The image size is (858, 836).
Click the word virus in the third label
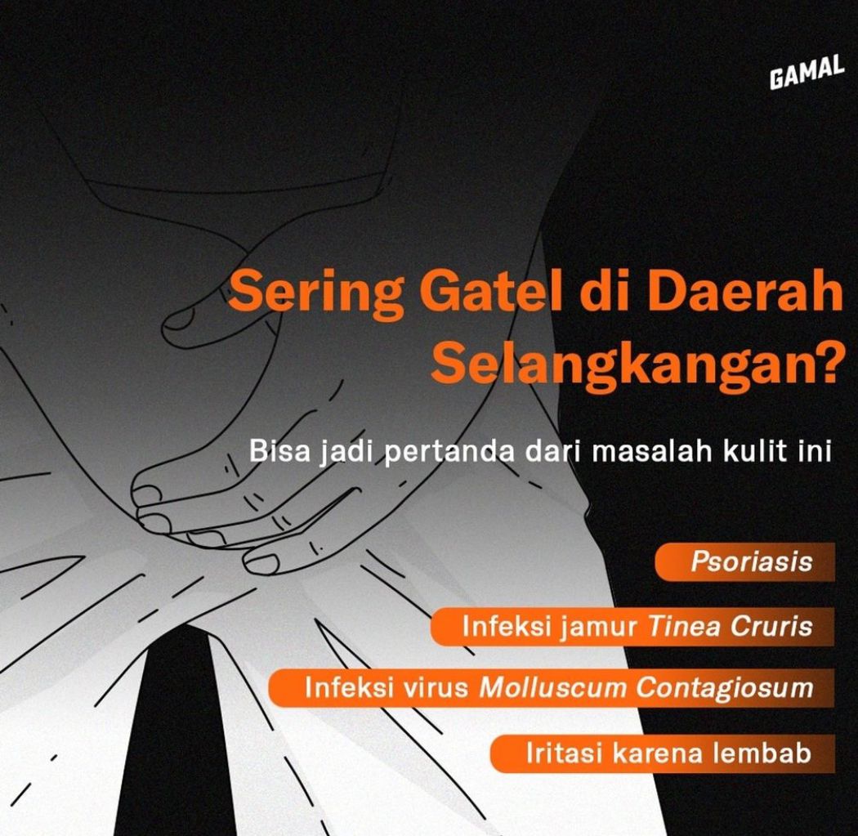tap(440, 688)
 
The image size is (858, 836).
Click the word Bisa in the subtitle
tap(275, 452)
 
